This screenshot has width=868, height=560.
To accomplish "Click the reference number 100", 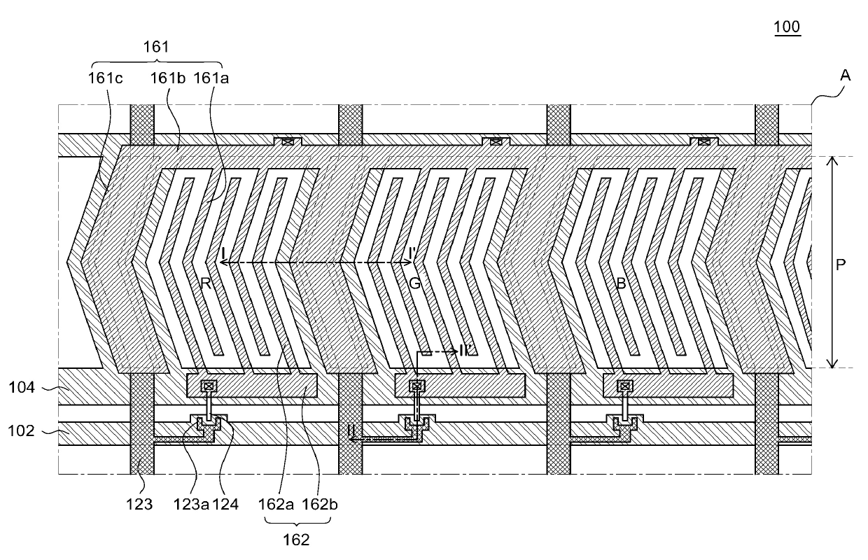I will point(787,27).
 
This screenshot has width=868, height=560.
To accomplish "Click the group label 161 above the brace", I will point(155,47).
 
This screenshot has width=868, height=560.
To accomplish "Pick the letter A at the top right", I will point(846,76).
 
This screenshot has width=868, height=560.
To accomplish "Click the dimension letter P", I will point(841,265).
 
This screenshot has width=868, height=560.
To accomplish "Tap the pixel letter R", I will point(204,283).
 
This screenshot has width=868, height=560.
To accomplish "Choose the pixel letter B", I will point(621,283).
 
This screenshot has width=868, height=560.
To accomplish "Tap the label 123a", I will point(188,504).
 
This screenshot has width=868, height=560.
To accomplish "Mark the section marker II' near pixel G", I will point(469,351).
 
